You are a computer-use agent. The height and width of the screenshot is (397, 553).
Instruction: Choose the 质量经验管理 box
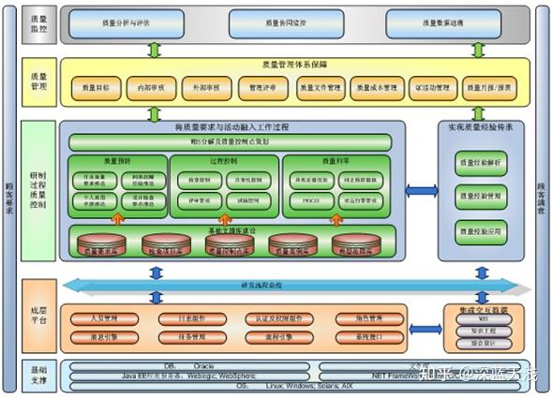(x=481, y=195)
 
